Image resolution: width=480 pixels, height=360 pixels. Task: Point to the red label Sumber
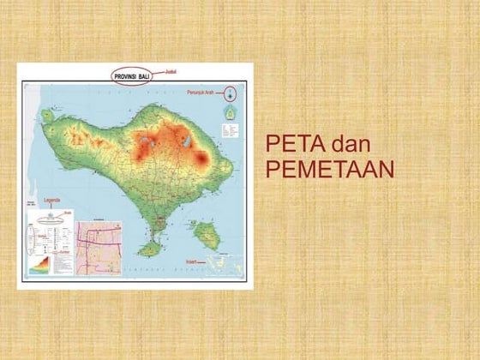click(x=65, y=253)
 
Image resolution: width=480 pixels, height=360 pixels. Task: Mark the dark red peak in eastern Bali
click(x=202, y=159)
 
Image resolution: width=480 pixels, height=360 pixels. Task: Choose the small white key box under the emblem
click(x=229, y=131)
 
